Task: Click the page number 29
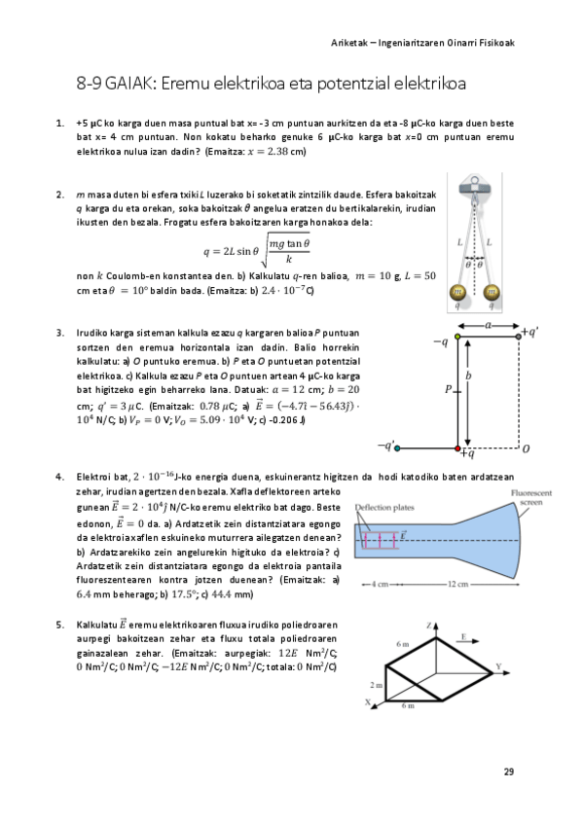[x=508, y=771]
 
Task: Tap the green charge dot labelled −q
[x=458, y=336]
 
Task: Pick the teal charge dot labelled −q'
[x=396, y=447]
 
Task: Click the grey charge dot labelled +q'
[x=518, y=336]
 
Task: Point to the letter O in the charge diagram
[x=526, y=448]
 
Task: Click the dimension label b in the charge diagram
[x=469, y=375]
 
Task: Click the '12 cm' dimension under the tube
[x=454, y=584]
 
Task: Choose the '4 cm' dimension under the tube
[x=379, y=584]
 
